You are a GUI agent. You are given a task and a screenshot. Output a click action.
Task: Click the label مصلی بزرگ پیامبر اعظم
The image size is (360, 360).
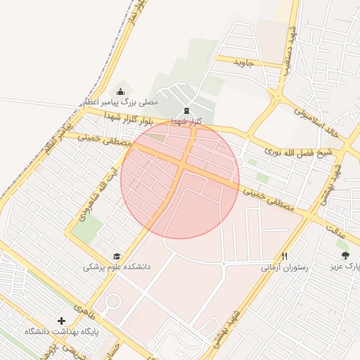[x=120, y=103]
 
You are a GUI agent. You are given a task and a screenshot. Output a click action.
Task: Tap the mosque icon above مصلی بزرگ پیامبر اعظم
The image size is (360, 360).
[x=120, y=91]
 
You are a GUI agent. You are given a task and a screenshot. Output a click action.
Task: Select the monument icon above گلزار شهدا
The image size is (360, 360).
[x=186, y=111]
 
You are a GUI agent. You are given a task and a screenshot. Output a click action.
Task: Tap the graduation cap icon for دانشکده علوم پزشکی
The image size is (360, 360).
[x=117, y=257]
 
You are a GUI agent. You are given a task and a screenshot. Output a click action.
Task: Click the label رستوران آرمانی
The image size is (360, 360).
[x=284, y=267]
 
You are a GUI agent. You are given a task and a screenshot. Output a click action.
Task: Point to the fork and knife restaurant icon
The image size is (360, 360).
[x=285, y=257]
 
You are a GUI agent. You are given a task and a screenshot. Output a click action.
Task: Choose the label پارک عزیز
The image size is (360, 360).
[x=345, y=267]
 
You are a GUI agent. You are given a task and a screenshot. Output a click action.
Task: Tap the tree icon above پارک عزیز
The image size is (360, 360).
[x=345, y=256]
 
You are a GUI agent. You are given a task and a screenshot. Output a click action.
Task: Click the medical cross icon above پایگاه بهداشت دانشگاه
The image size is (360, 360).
[x=62, y=321]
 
